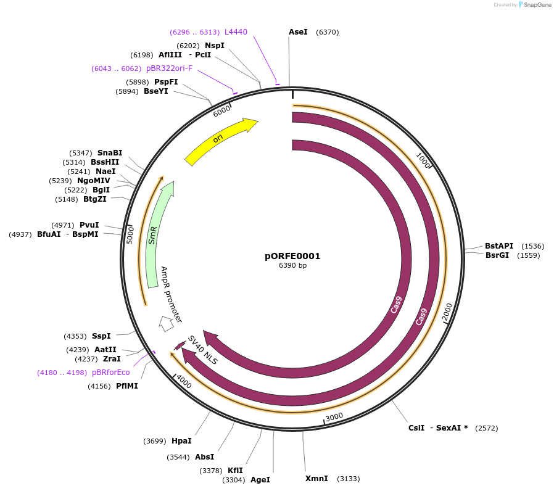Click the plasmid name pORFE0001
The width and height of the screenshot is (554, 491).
[x=292, y=256]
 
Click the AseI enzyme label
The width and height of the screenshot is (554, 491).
[x=298, y=32]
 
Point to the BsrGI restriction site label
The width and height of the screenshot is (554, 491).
[x=497, y=255]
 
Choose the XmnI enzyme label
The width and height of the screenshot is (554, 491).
[x=316, y=479]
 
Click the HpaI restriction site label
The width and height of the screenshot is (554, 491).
[x=181, y=441]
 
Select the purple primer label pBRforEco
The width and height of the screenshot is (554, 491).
[x=110, y=373]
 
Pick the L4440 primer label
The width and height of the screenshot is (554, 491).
[x=236, y=32]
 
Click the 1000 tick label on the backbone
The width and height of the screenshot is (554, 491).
[x=423, y=160]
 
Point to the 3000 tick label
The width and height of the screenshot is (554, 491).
[x=334, y=417]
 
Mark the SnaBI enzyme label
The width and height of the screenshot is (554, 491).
[x=110, y=153]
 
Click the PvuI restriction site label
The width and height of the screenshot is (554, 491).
[x=89, y=225]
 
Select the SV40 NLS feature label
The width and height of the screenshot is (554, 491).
[x=203, y=350]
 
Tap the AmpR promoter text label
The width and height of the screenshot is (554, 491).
[x=171, y=295]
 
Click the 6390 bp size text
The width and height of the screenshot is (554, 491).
[x=292, y=266]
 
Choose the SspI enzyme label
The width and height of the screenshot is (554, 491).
[x=101, y=336]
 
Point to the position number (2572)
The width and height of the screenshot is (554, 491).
[x=486, y=428]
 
